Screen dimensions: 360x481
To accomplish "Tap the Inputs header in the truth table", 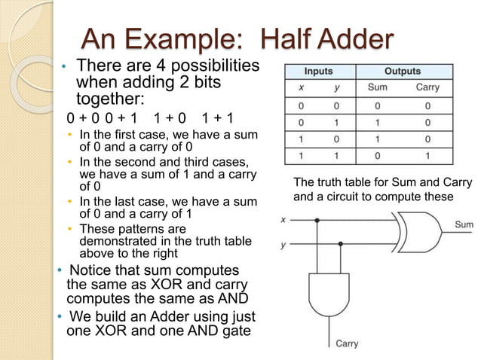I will pyautogui.click(x=318, y=72).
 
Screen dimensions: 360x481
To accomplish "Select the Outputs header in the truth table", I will pyautogui.click(x=403, y=72).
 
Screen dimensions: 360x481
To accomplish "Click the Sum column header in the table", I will pyautogui.click(x=377, y=87).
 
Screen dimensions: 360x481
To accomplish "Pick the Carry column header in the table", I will pyautogui.click(x=427, y=87).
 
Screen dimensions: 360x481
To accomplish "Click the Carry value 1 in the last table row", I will pyautogui.click(x=427, y=156).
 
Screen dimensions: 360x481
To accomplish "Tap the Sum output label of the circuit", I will pyautogui.click(x=464, y=224).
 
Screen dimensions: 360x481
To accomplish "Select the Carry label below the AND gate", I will pyautogui.click(x=347, y=343).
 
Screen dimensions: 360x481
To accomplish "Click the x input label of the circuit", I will pyautogui.click(x=283, y=221).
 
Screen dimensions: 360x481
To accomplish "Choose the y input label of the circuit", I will pyautogui.click(x=283, y=245).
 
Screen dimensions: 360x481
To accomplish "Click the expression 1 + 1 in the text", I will pyautogui.click(x=218, y=118).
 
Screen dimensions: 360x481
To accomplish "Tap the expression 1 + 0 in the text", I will pyautogui.click(x=170, y=118).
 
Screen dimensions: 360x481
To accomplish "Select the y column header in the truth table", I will pyautogui.click(x=336, y=87).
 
